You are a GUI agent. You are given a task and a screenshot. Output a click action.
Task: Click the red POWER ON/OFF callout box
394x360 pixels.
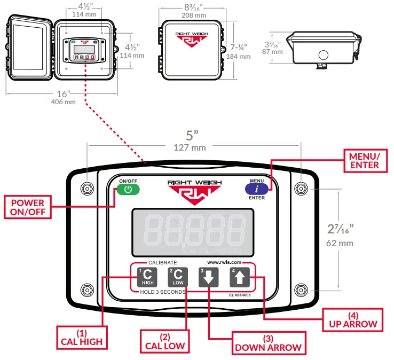pos(28,207)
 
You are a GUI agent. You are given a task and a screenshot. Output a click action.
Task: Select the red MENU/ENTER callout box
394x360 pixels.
pos(365,161)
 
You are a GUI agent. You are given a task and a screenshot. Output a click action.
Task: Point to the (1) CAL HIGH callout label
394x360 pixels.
pos(81,338)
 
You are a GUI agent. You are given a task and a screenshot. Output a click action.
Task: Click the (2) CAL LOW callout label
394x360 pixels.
pos(164,341)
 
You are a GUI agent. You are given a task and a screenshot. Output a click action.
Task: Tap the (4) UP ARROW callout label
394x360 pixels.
pos(352,319)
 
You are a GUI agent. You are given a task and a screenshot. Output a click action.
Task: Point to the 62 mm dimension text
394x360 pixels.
pos(339,244)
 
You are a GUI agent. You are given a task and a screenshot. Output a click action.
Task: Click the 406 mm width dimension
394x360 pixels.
pos(62,101)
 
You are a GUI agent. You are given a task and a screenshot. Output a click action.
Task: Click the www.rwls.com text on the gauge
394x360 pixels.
pos(224,262)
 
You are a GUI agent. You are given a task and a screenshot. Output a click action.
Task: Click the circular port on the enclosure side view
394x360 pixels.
pos(322,54)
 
